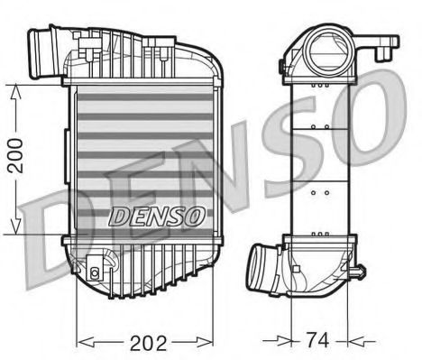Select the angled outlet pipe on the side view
(x=264, y=268)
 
